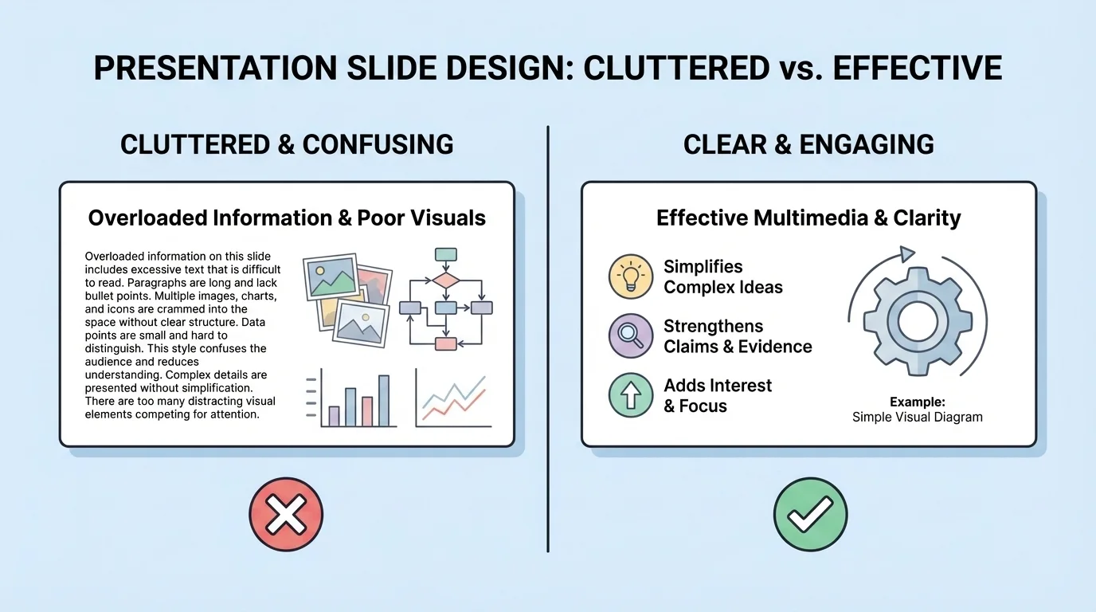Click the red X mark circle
click(x=286, y=514)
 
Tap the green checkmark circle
click(x=810, y=514)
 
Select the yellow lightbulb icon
click(x=631, y=277)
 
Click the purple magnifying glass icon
click(x=631, y=335)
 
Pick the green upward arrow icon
click(x=631, y=395)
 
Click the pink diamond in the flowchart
click(x=446, y=280)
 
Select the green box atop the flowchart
click(x=446, y=255)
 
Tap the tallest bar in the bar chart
click(x=384, y=401)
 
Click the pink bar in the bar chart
click(x=367, y=411)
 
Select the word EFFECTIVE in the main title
click(x=917, y=69)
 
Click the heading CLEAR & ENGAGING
click(x=808, y=144)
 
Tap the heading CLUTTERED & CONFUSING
click(x=287, y=144)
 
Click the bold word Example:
click(x=918, y=402)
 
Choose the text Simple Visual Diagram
click(x=918, y=417)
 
